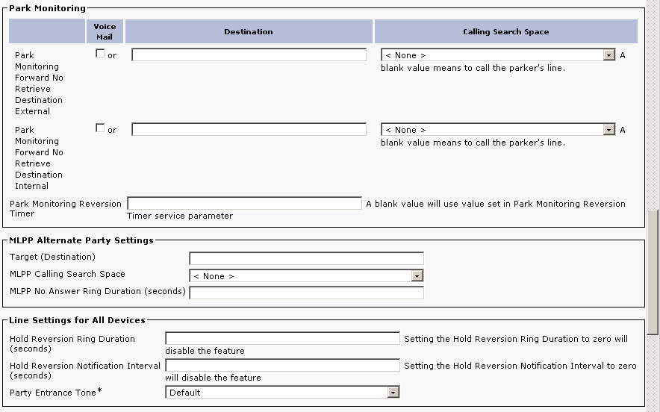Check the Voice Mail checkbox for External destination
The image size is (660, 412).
(x=100, y=54)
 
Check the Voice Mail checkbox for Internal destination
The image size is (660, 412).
(x=100, y=128)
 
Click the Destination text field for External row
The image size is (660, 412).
(x=249, y=54)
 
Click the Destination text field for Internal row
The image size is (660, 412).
(x=249, y=129)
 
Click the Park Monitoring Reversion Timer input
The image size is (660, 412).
(x=244, y=203)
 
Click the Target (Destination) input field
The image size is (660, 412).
(x=306, y=258)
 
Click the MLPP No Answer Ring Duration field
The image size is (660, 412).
(x=306, y=293)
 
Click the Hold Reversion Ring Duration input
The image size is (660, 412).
(x=282, y=339)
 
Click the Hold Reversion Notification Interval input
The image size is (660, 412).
(x=282, y=366)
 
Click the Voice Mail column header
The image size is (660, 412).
(x=105, y=31)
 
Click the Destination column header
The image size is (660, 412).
(x=249, y=32)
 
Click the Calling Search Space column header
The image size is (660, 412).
(x=505, y=32)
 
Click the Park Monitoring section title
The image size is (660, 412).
(x=47, y=9)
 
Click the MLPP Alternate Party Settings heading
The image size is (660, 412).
(x=81, y=240)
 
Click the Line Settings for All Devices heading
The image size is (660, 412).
(x=78, y=320)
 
